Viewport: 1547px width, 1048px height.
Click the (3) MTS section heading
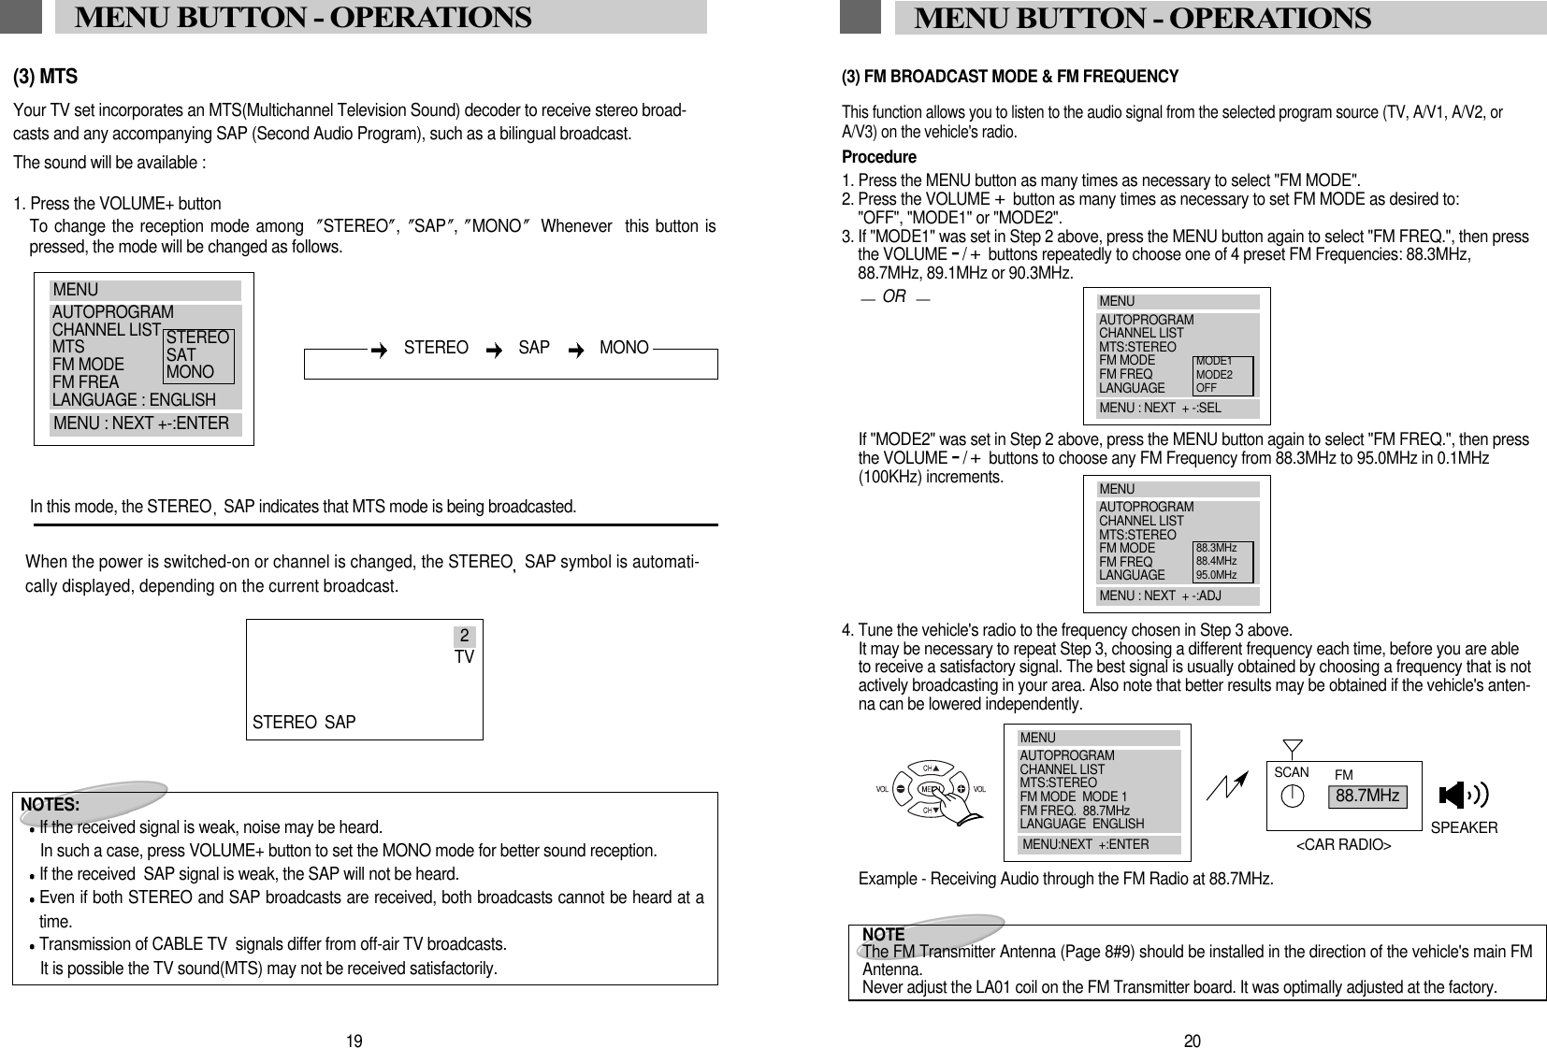click(45, 77)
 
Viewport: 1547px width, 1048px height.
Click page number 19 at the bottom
click(354, 1041)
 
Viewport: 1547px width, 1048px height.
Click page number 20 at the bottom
click(1192, 1041)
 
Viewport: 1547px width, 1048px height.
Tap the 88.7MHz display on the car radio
click(1367, 797)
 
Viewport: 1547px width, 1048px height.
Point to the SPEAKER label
click(1464, 828)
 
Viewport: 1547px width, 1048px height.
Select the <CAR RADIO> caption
click(1343, 845)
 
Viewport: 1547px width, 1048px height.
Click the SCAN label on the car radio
click(1291, 773)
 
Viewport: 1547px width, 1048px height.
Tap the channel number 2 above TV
click(464, 638)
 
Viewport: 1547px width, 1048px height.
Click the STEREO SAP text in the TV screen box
click(304, 723)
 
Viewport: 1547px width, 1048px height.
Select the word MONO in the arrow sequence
click(624, 348)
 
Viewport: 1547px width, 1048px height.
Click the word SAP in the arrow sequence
click(534, 348)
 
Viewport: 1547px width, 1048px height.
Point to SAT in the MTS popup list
click(181, 355)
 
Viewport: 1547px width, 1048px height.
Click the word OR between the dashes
click(894, 296)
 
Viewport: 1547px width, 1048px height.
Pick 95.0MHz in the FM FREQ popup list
click(1216, 575)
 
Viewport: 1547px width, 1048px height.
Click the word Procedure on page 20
click(878, 157)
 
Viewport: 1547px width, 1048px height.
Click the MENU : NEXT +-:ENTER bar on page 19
click(142, 424)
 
